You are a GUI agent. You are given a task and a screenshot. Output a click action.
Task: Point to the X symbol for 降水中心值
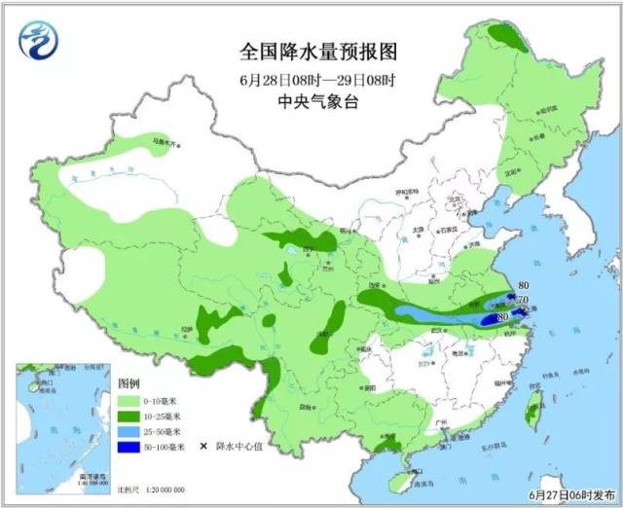point(204,447)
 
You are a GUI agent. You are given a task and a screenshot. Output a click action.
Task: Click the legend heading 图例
point(129,383)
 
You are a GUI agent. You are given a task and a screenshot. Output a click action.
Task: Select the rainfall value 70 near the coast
point(522,300)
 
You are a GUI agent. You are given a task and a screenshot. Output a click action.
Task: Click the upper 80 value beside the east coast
point(524,284)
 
